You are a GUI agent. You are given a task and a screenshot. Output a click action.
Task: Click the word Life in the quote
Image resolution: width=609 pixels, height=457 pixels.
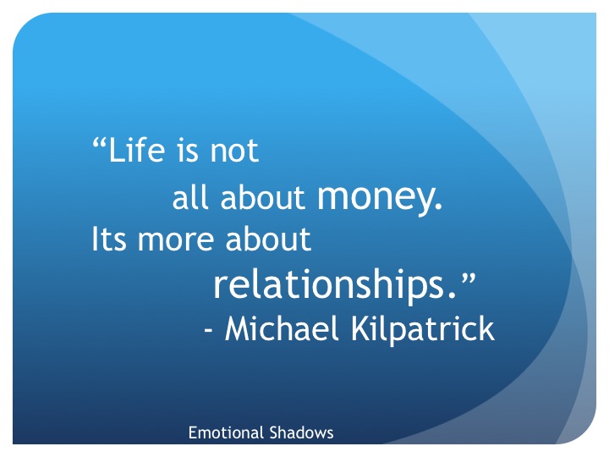pos(137,150)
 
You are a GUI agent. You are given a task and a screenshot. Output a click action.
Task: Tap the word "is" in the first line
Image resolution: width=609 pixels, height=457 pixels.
pos(188,150)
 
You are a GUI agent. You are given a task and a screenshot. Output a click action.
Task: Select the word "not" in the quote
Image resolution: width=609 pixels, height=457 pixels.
pos(234,151)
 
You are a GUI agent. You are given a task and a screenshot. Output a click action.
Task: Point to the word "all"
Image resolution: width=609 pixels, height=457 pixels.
pos(190,197)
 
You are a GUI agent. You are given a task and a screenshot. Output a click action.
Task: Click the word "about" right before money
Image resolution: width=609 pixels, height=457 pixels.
pos(262,197)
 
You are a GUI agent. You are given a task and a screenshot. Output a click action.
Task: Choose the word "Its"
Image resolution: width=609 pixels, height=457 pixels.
pos(109,239)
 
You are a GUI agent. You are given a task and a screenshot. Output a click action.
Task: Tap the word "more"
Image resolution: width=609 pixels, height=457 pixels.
pos(176,242)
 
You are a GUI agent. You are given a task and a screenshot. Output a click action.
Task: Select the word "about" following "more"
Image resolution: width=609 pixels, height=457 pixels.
pos(268,239)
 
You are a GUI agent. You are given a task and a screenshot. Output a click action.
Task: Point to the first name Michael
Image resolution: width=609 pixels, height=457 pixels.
pos(282,328)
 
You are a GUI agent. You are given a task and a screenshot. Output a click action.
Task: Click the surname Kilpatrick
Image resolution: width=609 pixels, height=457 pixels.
pos(423,330)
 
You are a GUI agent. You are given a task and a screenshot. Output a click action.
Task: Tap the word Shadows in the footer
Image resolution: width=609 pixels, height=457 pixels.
pos(301,432)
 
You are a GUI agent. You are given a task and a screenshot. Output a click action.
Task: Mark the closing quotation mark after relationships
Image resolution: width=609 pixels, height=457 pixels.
pos(469,278)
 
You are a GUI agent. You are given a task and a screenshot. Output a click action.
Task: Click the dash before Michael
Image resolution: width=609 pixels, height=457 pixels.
pos(209,331)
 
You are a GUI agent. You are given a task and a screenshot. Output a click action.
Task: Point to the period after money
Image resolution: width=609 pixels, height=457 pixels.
pos(438,206)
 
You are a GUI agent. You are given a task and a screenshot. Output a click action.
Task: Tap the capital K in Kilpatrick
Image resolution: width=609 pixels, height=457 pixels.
pos(361,328)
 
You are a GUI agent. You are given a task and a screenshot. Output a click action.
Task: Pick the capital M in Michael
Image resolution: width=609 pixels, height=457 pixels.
pos(238,328)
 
